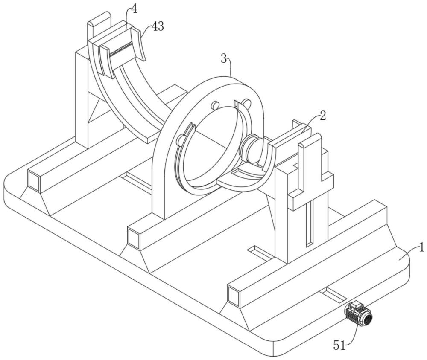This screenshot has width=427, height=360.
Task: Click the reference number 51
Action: click(339, 346)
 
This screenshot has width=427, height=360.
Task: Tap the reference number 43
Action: click(158, 26)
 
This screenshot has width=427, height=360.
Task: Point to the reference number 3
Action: click(224, 59)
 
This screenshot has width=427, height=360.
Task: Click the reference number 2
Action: click(322, 116)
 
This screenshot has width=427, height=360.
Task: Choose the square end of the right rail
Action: click(234, 296)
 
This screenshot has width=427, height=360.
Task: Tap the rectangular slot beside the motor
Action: click(333, 295)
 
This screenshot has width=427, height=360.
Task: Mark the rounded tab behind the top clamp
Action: click(99, 24)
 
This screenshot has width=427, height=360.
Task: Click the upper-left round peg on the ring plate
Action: click(215, 105)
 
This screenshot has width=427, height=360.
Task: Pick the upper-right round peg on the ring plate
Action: click(247, 103)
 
